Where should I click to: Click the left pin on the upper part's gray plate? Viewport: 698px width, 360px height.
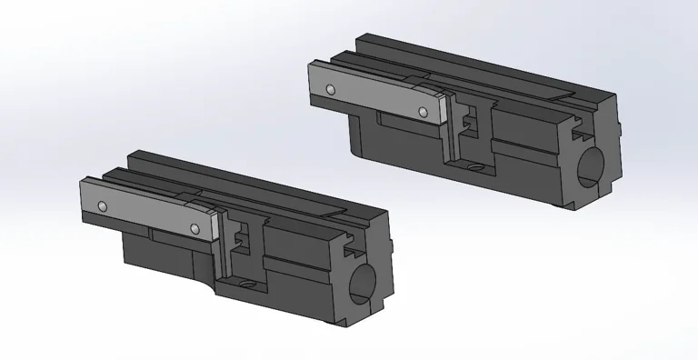(332, 88)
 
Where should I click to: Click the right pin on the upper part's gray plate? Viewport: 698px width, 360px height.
(423, 112)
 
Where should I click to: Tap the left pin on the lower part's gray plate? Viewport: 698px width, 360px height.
(105, 205)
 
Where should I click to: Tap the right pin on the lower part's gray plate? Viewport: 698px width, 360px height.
(195, 228)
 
